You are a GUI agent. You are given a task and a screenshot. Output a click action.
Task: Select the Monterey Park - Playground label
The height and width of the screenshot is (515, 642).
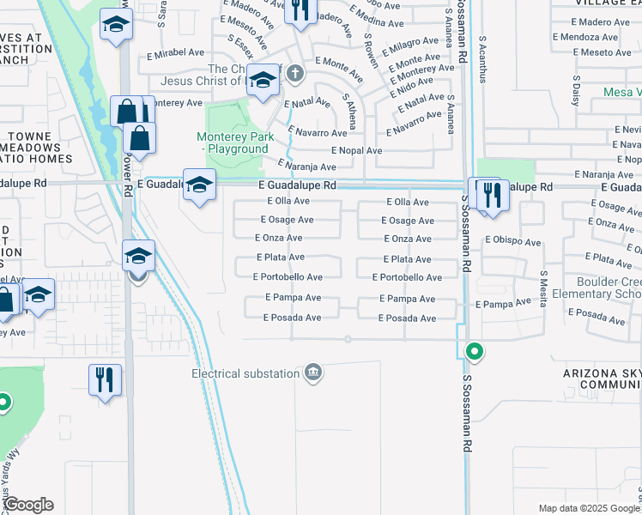pyautogui.click(x=233, y=142)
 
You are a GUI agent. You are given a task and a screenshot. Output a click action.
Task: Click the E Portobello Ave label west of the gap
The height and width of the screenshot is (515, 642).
pyautogui.click(x=288, y=277)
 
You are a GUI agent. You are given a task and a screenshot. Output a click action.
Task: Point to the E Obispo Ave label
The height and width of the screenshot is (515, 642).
pyautogui.click(x=512, y=242)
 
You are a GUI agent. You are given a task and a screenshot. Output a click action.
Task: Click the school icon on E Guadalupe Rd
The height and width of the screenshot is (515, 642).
pyautogui.click(x=199, y=185)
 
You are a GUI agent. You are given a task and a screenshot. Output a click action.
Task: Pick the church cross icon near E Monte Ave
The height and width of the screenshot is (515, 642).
pyautogui.click(x=295, y=73)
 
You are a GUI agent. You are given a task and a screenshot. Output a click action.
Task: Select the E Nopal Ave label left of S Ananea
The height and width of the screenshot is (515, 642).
pyautogui.click(x=350, y=150)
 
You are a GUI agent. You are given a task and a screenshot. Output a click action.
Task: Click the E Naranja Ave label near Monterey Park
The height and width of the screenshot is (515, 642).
pyautogui.click(x=306, y=167)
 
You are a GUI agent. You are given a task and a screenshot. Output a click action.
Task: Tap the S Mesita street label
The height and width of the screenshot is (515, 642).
pyautogui.click(x=543, y=283)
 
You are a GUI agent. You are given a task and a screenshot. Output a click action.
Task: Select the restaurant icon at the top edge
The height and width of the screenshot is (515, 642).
pyautogui.click(x=300, y=10)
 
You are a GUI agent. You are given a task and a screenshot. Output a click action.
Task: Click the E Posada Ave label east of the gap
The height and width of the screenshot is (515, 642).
pyautogui.click(x=407, y=318)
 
